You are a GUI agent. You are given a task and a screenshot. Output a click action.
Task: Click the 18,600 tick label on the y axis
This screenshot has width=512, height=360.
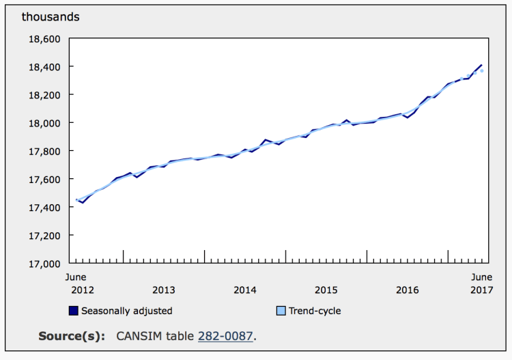pos(44,39)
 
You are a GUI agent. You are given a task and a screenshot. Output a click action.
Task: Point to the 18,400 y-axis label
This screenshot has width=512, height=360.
pos(44,68)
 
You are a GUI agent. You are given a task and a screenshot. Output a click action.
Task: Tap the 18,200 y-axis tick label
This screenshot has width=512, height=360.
pos(44,96)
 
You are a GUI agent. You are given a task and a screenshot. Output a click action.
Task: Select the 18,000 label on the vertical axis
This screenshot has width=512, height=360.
pos(44,124)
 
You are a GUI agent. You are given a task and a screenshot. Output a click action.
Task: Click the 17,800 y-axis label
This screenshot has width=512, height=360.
pos(44,152)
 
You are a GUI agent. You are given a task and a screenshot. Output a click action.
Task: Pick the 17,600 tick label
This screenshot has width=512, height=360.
pos(44,180)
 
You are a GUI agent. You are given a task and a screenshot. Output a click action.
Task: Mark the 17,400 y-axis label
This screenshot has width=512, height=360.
pos(44,208)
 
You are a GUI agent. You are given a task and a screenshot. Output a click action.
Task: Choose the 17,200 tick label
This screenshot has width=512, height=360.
pos(44,236)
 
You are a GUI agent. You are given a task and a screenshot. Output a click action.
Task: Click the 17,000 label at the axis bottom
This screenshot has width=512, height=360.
pos(44,264)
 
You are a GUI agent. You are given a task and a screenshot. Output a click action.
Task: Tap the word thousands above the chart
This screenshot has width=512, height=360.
pos(51,16)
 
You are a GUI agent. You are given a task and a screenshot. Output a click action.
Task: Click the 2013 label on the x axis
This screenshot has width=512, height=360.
pos(164,290)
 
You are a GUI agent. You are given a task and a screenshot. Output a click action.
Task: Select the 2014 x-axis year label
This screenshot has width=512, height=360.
pos(245,290)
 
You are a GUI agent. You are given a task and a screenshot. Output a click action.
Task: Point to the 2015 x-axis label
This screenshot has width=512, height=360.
pos(326,290)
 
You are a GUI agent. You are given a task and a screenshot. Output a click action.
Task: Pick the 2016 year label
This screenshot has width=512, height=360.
pos(407,290)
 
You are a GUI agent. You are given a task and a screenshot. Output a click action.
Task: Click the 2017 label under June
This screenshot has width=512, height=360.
pos(482,290)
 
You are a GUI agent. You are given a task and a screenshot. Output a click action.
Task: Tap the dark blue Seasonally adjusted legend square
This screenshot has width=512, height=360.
pos(74,311)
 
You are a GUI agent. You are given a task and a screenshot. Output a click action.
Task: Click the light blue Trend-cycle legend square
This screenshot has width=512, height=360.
pos(281,311)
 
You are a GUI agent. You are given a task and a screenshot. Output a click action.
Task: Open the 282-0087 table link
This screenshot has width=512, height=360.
pos(225,336)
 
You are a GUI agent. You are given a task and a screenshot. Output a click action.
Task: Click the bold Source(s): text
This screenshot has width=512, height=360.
pos(72,336)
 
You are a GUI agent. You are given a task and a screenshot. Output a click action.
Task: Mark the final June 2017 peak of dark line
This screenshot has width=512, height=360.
pos(481,65)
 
